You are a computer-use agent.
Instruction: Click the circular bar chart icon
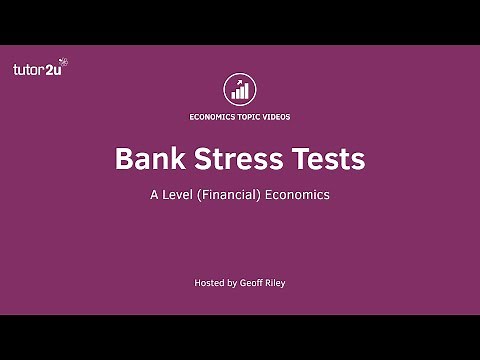pos(240,88)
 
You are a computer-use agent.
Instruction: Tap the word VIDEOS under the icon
pos(275,116)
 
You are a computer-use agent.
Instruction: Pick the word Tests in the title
pos(328,159)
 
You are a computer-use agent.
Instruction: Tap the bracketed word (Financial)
pos(233,195)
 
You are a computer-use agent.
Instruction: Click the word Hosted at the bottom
pos(209,284)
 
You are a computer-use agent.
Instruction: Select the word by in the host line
pos(234,284)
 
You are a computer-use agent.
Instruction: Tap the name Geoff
pos(254,284)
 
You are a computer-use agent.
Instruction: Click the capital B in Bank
pos(125,159)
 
